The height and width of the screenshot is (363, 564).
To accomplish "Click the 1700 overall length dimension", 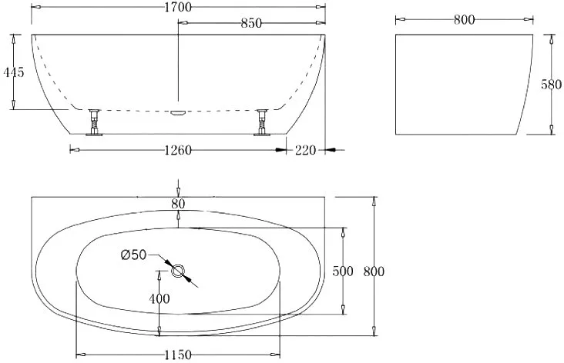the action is [x=178, y=7].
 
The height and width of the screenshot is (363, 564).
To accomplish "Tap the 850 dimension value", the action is [x=251, y=23].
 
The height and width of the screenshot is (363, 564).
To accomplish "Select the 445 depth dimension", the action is [x=14, y=72].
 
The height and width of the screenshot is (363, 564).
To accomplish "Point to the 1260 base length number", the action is [x=178, y=150].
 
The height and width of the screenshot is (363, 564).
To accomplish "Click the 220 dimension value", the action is [x=305, y=150].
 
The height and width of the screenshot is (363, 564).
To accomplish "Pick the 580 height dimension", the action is [x=551, y=85].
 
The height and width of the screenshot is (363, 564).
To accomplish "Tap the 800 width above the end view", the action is [x=464, y=20].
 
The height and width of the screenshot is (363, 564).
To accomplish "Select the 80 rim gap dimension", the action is [x=178, y=204].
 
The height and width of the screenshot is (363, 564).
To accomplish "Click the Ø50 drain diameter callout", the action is [x=134, y=255].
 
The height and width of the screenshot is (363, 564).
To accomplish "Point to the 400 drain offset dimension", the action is [x=159, y=298].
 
